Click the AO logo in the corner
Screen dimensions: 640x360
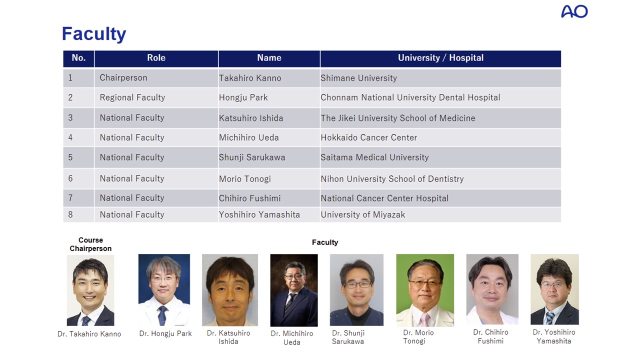(x=574, y=11)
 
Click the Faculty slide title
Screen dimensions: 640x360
(x=94, y=34)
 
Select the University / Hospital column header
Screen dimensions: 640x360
(x=440, y=58)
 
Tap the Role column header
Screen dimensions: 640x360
(x=156, y=57)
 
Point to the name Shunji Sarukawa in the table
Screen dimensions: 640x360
(x=252, y=157)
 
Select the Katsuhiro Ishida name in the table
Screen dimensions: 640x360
(x=251, y=118)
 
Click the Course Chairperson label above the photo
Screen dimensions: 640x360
(x=90, y=244)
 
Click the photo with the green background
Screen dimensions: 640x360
(x=425, y=290)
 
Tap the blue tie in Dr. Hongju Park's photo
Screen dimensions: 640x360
(x=162, y=315)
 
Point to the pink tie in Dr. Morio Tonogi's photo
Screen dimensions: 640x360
(x=425, y=319)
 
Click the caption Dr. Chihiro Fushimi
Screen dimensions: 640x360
(x=490, y=336)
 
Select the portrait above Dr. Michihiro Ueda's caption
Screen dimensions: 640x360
(x=294, y=290)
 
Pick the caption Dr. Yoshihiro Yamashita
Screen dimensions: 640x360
(x=554, y=336)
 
